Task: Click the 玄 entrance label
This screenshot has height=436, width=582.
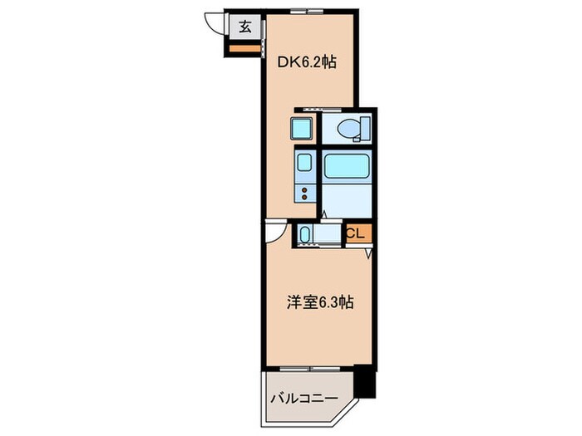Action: (x=247, y=27)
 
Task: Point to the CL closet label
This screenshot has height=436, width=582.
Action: (x=354, y=234)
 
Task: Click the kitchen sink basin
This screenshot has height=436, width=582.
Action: (x=304, y=163)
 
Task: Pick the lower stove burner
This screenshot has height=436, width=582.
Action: (x=304, y=198)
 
